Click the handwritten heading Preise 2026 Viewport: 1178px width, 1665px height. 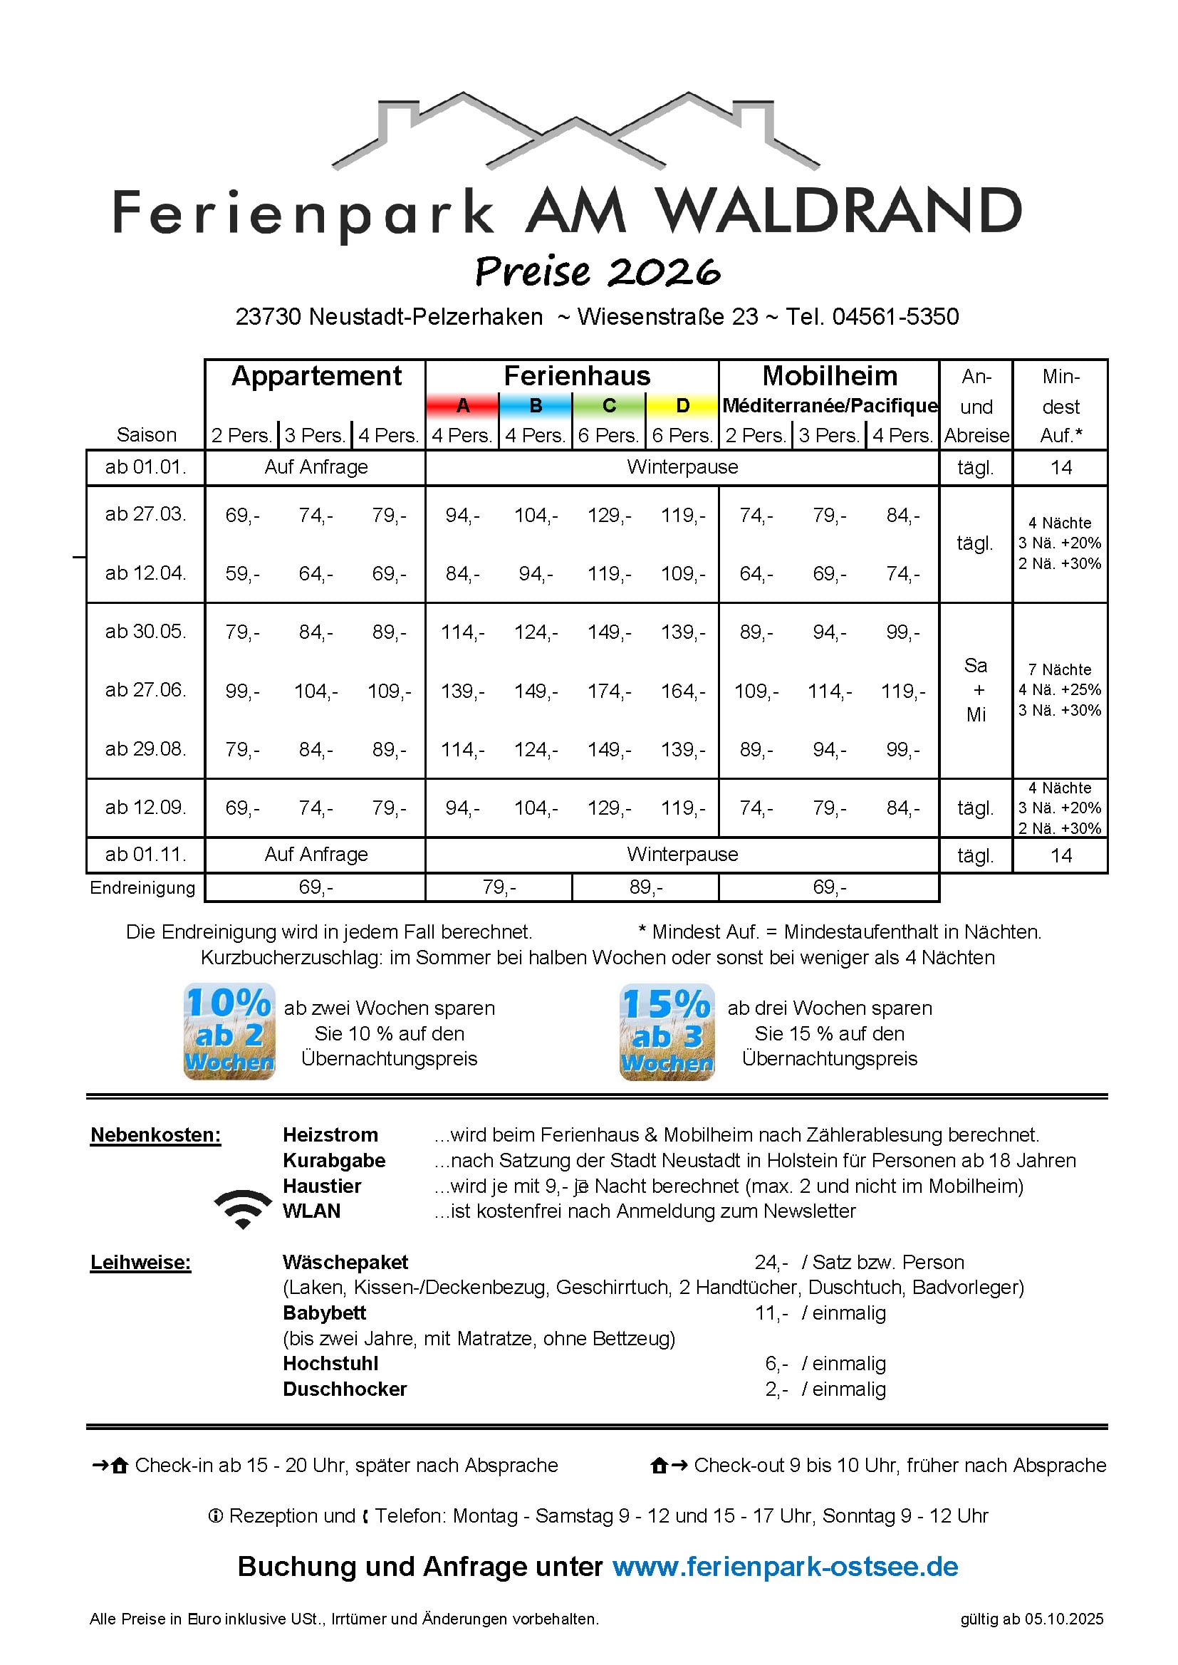(597, 272)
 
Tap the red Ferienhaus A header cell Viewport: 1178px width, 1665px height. (463, 406)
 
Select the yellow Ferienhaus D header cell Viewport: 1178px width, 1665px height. (682, 406)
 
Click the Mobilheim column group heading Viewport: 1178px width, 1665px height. (829, 376)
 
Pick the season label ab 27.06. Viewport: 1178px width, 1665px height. (146, 689)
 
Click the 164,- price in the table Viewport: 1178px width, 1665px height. (682, 691)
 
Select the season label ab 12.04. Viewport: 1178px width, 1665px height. (146, 573)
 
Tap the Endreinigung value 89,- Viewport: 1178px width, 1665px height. (645, 887)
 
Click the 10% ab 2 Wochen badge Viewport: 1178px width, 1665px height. (229, 1031)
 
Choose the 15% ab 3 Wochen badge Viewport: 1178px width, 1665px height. (667, 1032)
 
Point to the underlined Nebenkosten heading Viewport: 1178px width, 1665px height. (155, 1135)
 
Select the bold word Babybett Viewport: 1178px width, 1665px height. (324, 1312)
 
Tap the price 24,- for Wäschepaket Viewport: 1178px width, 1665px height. (771, 1262)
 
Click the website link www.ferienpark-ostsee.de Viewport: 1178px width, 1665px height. (785, 1567)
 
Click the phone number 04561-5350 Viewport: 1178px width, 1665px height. (895, 317)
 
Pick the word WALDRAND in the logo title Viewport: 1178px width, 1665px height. (838, 212)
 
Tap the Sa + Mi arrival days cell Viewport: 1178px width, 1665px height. (976, 689)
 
